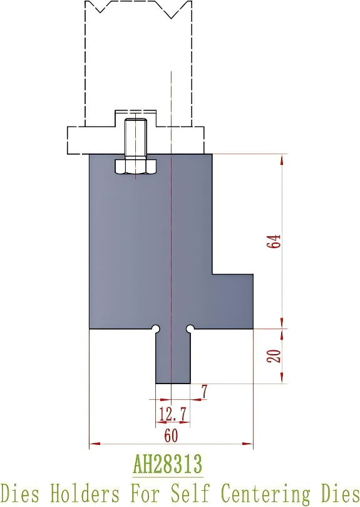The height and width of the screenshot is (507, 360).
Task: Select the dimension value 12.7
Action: (x=173, y=414)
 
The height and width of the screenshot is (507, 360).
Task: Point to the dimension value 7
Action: (x=204, y=392)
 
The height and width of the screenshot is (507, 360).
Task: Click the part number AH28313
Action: (x=167, y=465)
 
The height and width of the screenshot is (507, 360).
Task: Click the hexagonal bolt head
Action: (x=135, y=167)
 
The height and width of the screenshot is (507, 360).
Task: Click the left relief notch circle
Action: (x=156, y=328)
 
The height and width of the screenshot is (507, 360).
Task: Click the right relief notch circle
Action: (x=190, y=328)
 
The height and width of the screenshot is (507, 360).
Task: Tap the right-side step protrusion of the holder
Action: (x=233, y=301)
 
